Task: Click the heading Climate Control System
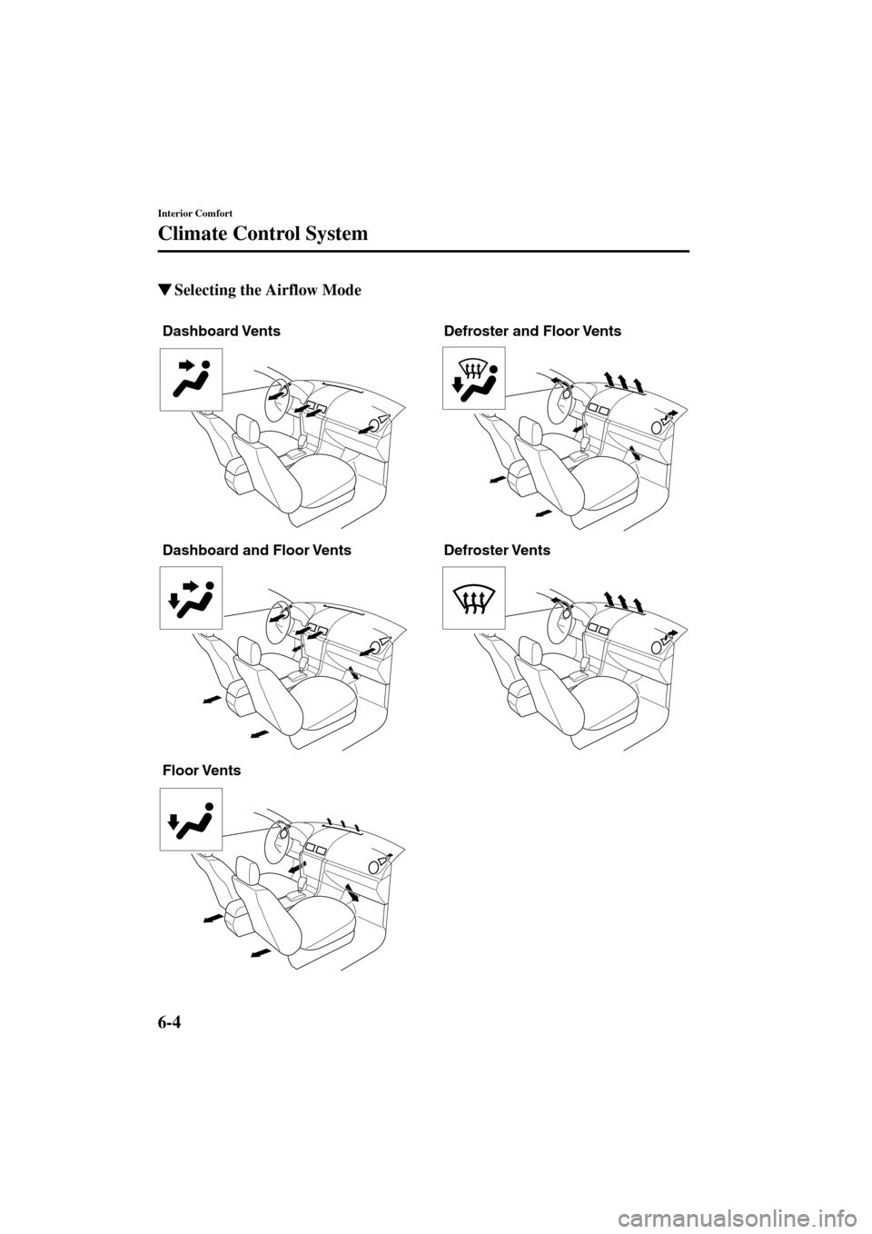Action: click(x=263, y=234)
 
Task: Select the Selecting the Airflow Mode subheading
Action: click(x=267, y=291)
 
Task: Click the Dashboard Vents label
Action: click(x=222, y=332)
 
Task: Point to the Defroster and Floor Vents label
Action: click(x=532, y=332)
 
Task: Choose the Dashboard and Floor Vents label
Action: click(x=256, y=551)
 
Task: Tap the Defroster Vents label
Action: click(x=497, y=551)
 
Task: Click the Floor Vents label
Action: click(x=201, y=771)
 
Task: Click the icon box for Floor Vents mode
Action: click(x=191, y=819)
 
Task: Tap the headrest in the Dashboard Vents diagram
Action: click(x=247, y=426)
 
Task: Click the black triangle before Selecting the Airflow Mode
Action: click(x=164, y=291)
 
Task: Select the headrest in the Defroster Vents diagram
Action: click(x=529, y=646)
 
